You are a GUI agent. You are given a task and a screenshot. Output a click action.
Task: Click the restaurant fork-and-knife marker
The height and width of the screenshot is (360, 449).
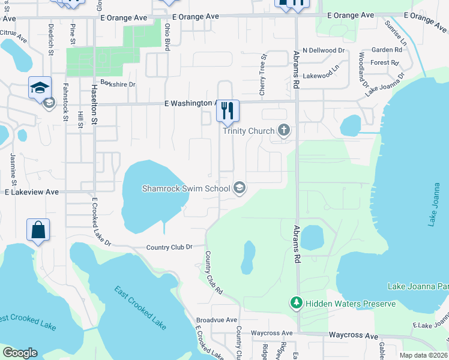coord(228,110)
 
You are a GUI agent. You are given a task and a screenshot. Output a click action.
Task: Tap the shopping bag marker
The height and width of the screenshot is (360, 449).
coord(38,230)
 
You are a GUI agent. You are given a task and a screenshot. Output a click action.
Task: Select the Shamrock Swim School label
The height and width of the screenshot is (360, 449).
coord(185,188)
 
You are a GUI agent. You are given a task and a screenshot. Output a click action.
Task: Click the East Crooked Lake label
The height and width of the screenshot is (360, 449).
coord(140,307)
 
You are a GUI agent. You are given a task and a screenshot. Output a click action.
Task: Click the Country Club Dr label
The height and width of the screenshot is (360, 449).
coord(169,247)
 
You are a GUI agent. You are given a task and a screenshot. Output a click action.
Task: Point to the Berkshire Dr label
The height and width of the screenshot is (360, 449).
coord(118,84)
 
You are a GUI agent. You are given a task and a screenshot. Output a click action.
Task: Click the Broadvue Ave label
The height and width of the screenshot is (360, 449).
coord(217,320)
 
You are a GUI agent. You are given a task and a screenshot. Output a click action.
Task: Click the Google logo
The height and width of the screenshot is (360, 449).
coord(20,353)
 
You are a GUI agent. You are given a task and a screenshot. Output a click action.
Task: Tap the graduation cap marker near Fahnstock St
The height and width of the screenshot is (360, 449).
coord(40,88)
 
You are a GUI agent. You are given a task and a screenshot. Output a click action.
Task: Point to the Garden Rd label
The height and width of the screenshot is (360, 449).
coord(386,50)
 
